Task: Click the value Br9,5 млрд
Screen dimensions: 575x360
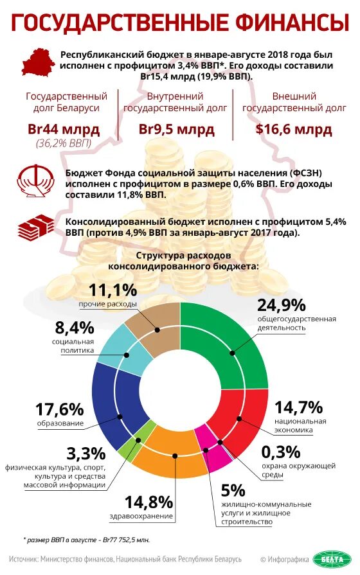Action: (177, 129)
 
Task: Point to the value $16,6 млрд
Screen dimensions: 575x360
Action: (294, 129)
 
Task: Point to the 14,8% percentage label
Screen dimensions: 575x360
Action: (148, 501)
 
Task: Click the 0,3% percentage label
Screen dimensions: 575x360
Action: (281, 451)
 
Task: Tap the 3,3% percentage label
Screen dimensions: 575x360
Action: (85, 452)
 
